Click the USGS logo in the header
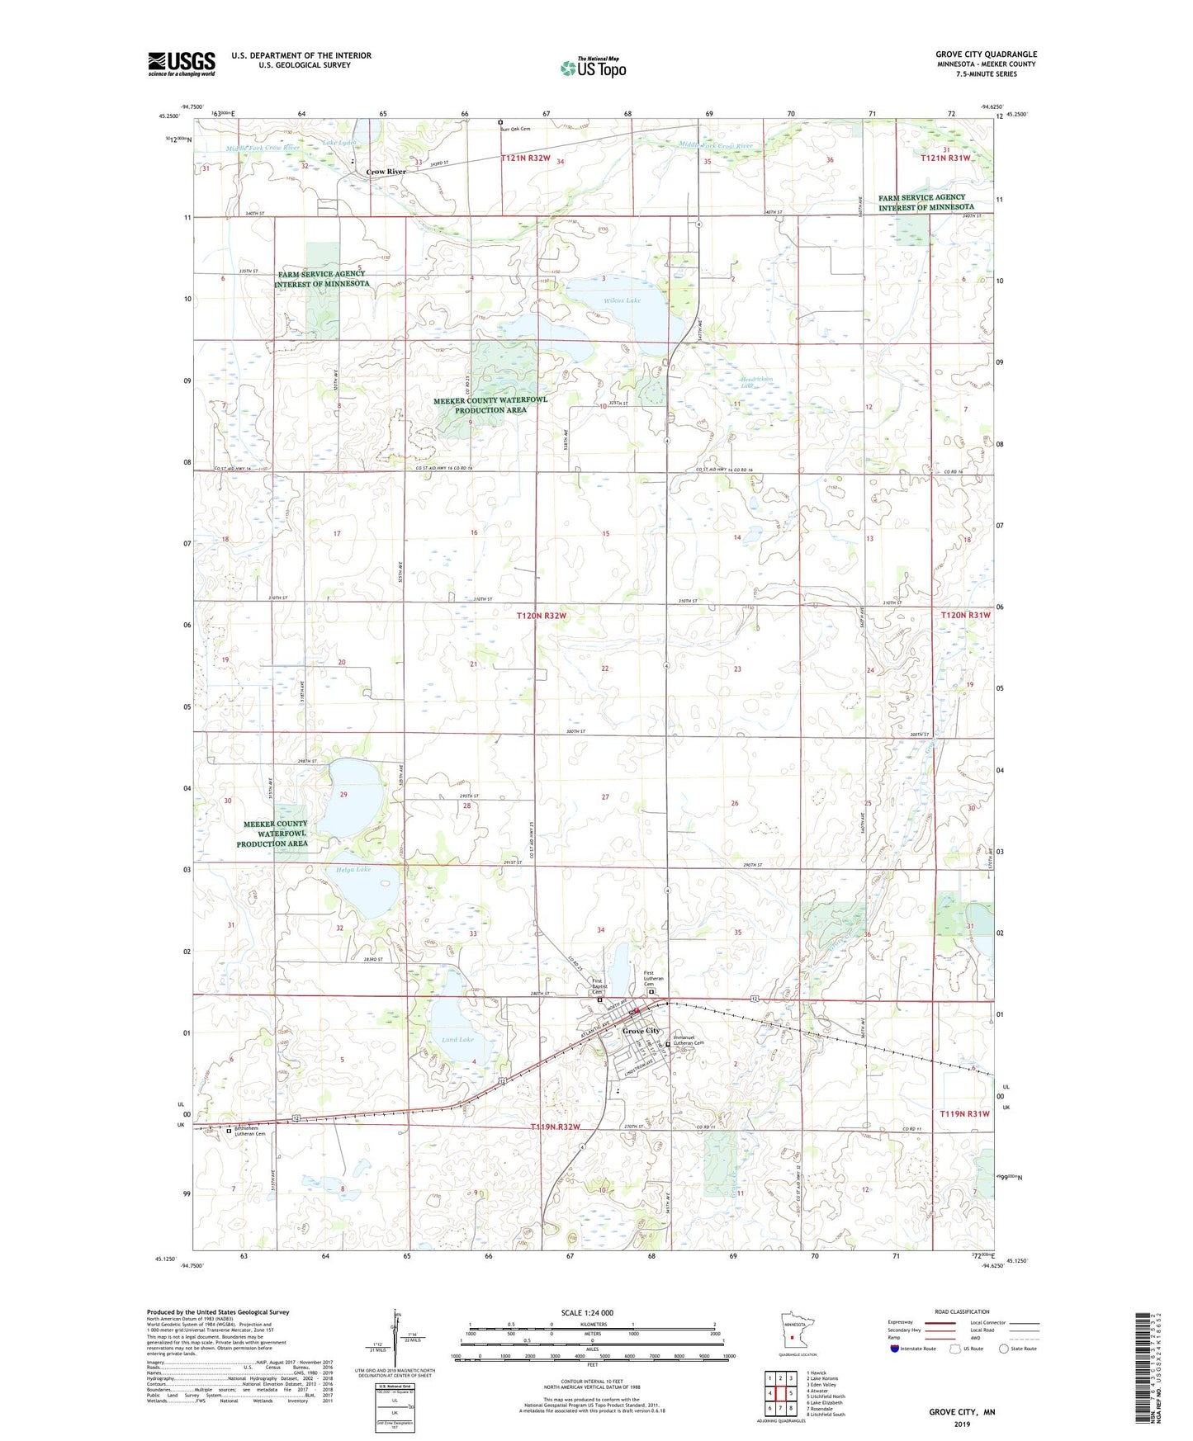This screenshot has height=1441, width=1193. (182, 64)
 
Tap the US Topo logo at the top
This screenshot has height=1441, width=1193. (593, 68)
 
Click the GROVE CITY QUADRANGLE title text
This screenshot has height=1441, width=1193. (986, 54)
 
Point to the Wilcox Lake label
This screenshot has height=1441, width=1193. (622, 300)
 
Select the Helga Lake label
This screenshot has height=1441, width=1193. (353, 869)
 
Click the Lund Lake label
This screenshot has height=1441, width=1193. (457, 1039)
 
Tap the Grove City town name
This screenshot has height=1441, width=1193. (641, 1031)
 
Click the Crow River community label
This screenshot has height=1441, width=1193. (386, 172)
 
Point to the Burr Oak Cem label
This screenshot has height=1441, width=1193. (514, 129)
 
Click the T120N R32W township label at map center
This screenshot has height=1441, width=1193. (542, 616)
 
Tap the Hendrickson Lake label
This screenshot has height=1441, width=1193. (755, 382)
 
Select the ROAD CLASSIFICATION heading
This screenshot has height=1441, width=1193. (962, 1311)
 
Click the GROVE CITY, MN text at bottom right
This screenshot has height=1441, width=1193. (962, 1412)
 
